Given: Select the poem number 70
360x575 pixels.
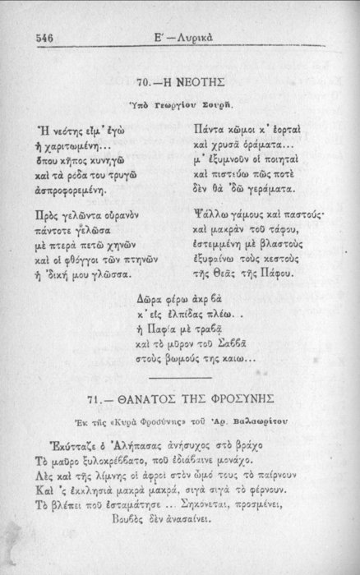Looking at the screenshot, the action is pyautogui.click(x=144, y=84).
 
